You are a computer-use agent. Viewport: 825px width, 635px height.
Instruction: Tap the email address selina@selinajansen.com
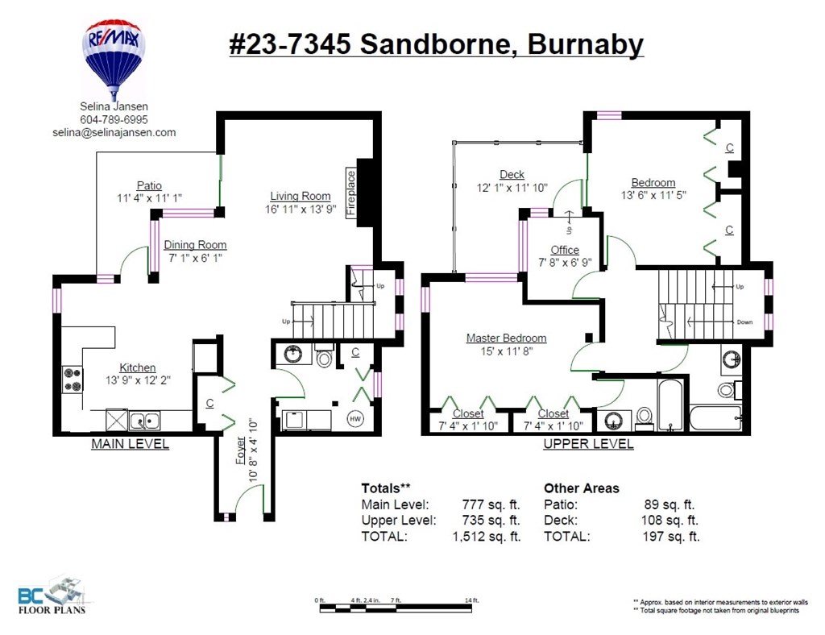[114, 132]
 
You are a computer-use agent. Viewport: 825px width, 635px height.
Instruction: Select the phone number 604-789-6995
[114, 119]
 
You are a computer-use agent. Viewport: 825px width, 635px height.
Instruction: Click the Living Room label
[300, 196]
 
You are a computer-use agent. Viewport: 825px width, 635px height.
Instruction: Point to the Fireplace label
[351, 193]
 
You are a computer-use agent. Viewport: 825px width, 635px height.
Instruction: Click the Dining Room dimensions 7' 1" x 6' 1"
[194, 259]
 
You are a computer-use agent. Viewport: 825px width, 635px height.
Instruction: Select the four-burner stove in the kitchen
[73, 380]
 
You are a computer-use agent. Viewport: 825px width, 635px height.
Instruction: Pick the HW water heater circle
[354, 419]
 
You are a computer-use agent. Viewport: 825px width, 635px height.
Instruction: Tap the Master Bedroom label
[506, 338]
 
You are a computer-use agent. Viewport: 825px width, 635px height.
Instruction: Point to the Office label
[565, 250]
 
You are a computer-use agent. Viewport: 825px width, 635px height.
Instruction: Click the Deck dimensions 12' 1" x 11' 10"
[512, 188]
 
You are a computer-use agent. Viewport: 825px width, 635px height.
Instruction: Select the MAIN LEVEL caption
[130, 444]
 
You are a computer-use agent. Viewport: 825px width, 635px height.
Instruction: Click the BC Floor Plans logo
[53, 595]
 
